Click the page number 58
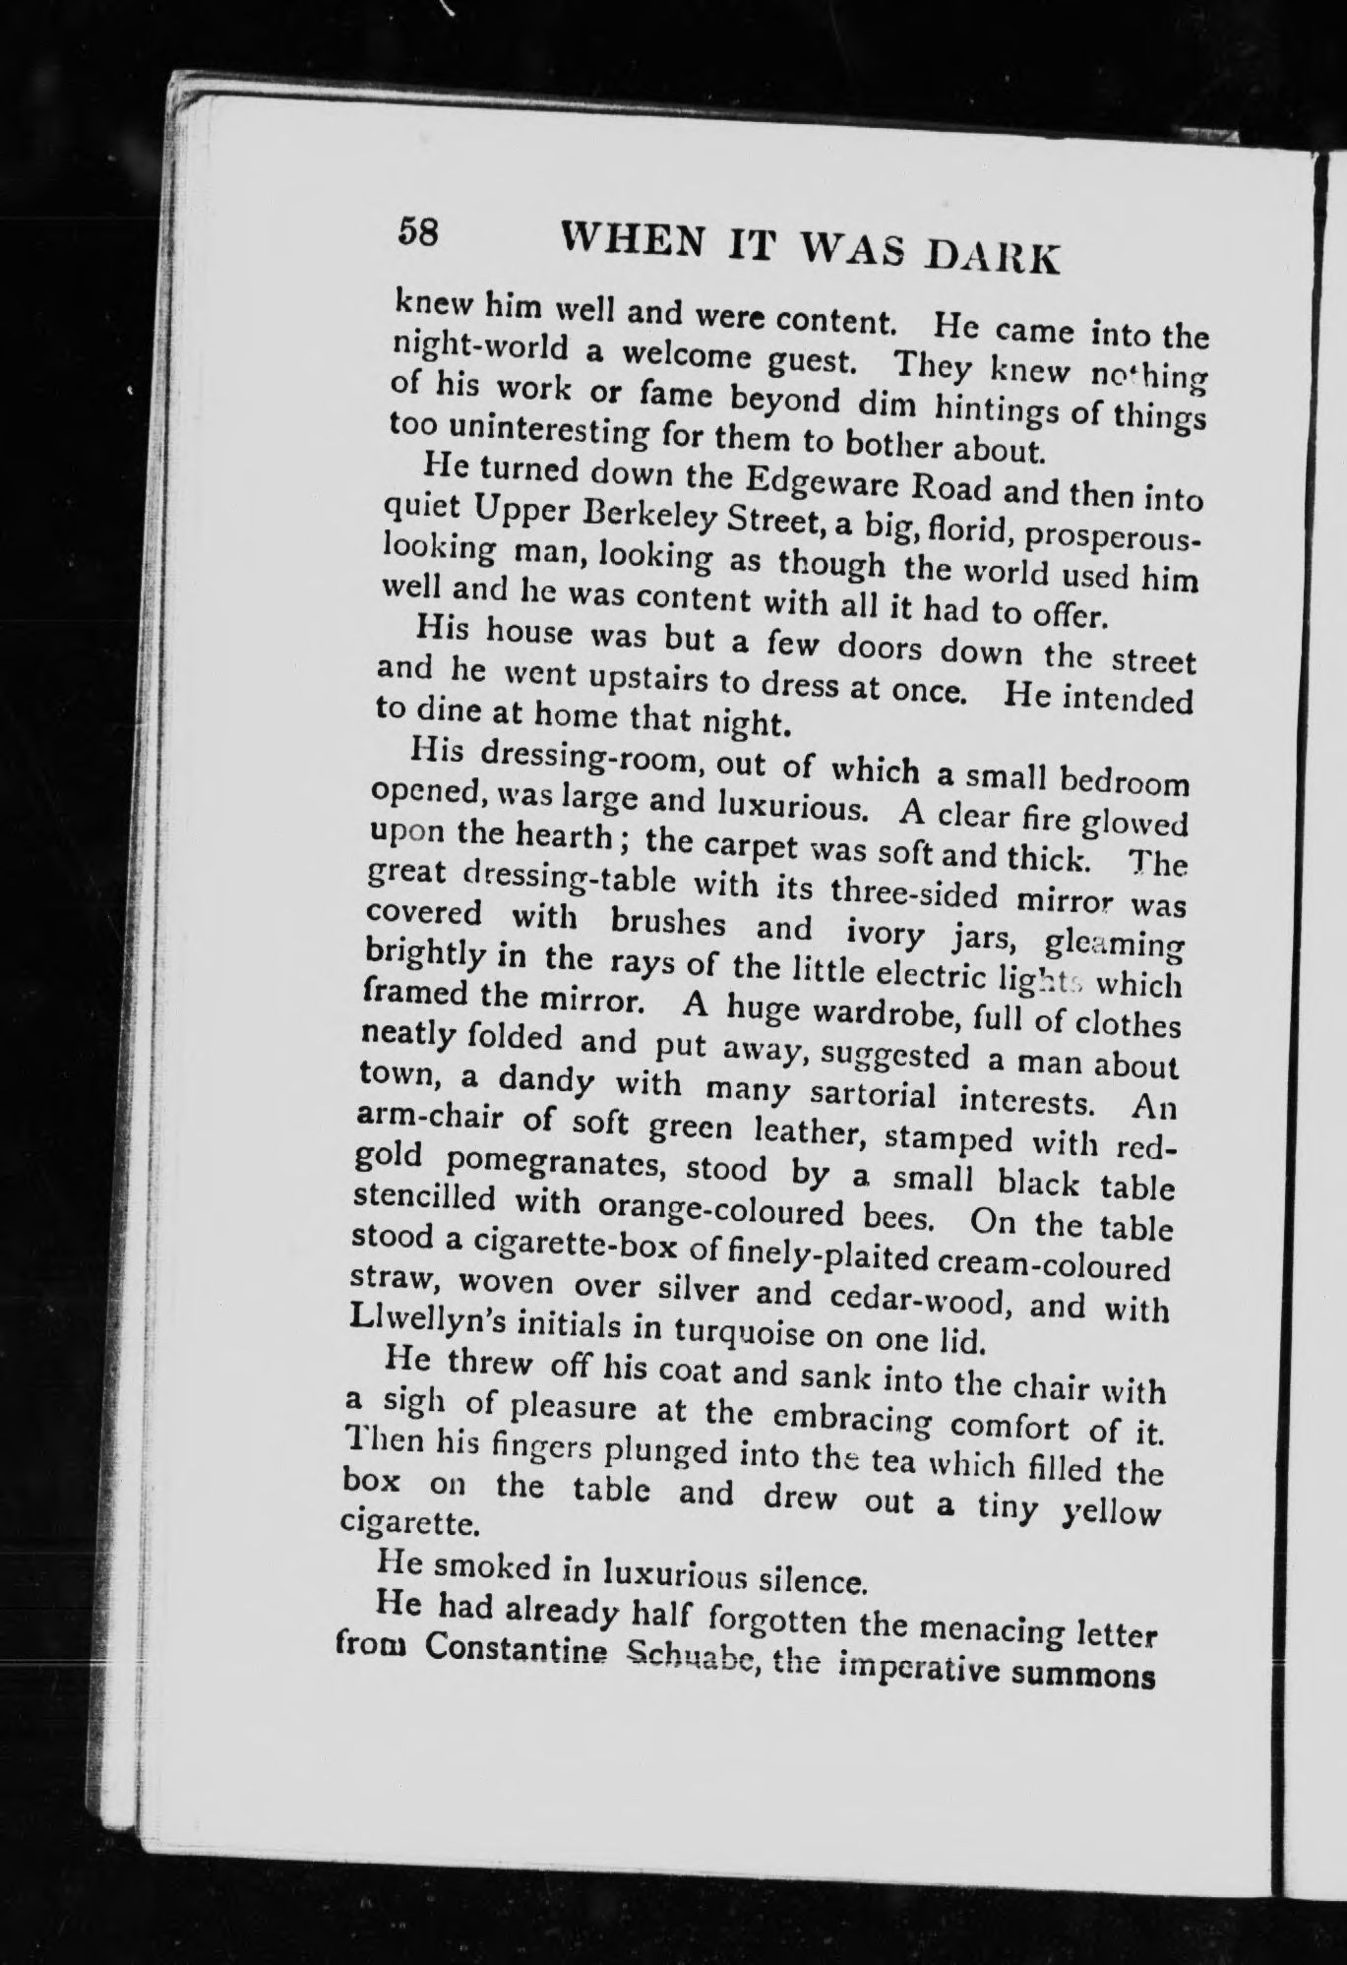[417, 232]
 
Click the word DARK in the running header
[996, 256]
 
